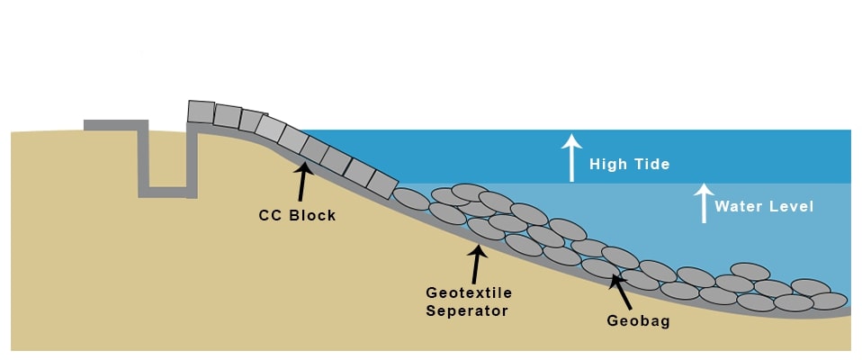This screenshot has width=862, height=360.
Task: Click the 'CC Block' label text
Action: tap(297, 215)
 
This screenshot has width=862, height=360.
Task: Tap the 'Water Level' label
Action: tap(764, 206)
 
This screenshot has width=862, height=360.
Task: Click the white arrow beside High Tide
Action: tap(570, 157)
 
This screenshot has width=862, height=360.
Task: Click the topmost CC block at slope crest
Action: tap(201, 112)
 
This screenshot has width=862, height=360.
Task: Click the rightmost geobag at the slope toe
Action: tap(828, 301)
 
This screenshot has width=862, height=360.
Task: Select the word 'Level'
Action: tap(790, 206)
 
